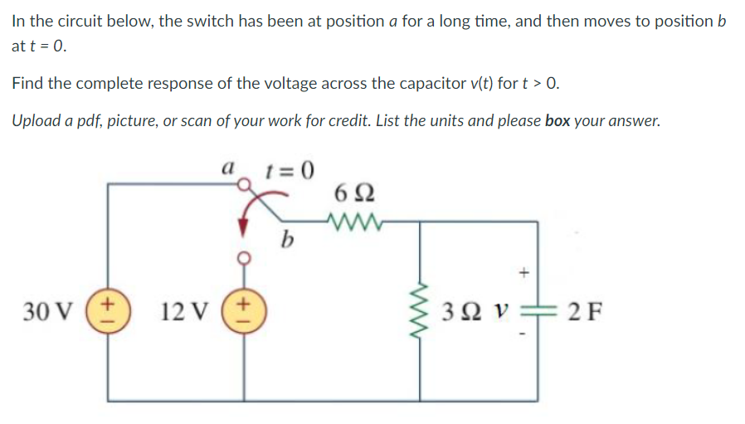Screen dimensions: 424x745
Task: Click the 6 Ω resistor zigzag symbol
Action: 353,221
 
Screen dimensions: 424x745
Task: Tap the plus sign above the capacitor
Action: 523,271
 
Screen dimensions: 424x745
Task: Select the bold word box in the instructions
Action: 558,120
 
